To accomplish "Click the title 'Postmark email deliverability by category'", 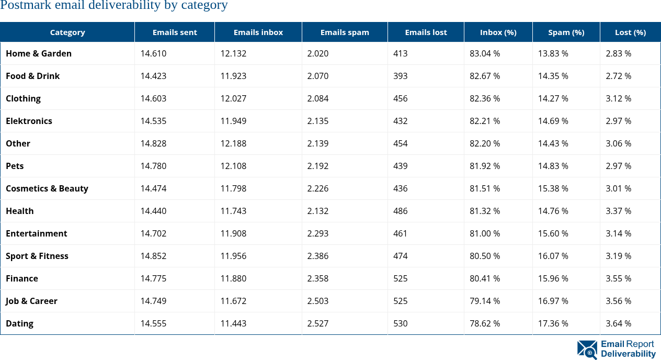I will [x=114, y=6].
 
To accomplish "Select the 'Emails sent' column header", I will [x=175, y=32].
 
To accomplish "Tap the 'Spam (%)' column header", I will [x=566, y=32].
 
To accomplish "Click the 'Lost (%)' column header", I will [x=630, y=32].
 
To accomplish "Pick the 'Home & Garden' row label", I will [x=39, y=53].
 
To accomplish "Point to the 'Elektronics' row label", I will [x=29, y=121].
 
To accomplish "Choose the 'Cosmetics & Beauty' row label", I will [x=47, y=188].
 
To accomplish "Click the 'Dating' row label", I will [x=19, y=323].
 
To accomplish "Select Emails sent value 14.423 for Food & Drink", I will [x=153, y=76].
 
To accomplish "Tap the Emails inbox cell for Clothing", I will [x=233, y=98].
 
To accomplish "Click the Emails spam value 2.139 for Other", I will [x=318, y=143].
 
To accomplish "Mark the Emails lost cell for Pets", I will [x=401, y=166].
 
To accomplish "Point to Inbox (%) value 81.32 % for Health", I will [x=485, y=211].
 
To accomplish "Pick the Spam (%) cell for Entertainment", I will [x=553, y=233].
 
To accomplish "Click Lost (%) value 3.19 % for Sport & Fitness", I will [x=619, y=256].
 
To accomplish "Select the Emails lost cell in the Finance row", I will [x=401, y=278].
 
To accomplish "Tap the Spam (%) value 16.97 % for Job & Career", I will [x=553, y=301].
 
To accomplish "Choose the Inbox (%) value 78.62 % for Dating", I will [x=485, y=323].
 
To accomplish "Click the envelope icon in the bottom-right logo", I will [x=587, y=350].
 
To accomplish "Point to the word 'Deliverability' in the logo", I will [x=628, y=354].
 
